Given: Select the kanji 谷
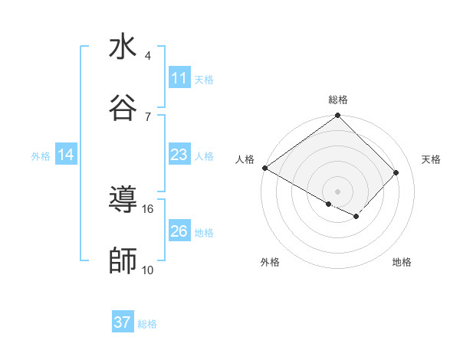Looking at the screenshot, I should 123,107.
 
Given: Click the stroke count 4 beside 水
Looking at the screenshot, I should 148,55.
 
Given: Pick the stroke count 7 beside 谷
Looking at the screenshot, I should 148,116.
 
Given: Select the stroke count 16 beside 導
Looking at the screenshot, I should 148,208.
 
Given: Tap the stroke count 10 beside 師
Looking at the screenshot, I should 148,270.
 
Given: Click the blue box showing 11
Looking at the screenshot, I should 179,78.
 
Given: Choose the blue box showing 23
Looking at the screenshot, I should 179,155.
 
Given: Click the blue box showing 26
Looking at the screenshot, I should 179,231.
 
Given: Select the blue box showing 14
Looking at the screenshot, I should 66,155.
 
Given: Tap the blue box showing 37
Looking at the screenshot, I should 122,322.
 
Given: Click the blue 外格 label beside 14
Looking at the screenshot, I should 41,155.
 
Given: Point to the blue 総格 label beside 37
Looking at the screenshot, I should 147,324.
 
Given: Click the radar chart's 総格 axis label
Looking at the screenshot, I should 337,100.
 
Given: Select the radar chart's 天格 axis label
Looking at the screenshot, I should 431,159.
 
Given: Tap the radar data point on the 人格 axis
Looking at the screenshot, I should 264,168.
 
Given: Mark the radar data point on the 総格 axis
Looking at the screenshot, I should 337,116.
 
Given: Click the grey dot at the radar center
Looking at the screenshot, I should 337,191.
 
